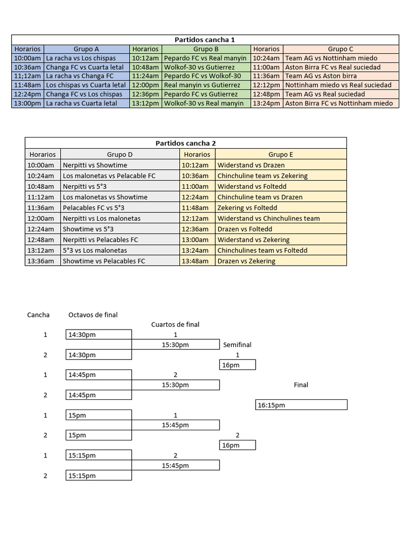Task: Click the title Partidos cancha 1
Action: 205,40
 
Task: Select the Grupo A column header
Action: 86,49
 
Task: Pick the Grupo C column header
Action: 341,49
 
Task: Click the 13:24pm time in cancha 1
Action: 266,103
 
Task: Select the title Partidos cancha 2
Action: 186,143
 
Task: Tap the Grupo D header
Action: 120,155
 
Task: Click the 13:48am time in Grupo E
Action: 197,261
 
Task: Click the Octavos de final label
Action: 93,315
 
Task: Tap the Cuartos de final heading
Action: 175,324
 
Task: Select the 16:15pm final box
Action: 301,405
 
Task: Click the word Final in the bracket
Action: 301,385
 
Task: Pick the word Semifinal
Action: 237,345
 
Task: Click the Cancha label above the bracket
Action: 38,315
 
